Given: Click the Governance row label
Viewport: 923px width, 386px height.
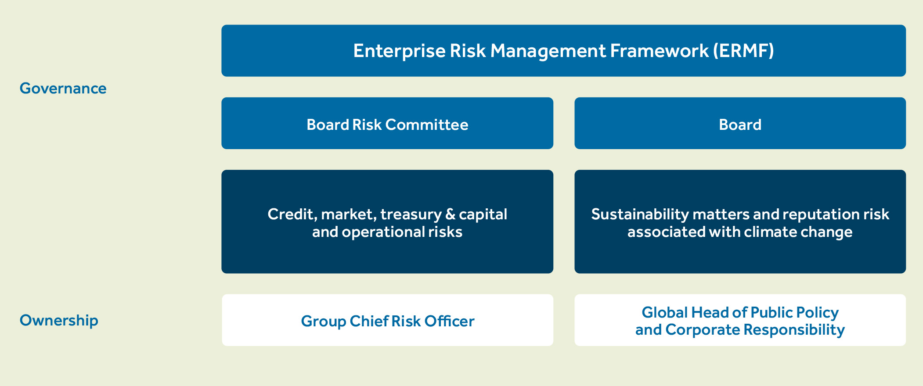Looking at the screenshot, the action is (63, 88).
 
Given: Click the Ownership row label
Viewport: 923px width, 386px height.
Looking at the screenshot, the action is (59, 321).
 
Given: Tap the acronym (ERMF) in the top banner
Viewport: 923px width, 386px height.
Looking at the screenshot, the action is (743, 51).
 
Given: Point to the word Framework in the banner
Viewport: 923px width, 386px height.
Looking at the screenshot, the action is (659, 51).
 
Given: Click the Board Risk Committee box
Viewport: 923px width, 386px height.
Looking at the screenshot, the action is (387, 123).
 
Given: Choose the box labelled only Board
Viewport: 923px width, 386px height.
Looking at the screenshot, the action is (740, 123).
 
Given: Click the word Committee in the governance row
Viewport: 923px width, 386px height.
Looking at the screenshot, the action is (427, 125).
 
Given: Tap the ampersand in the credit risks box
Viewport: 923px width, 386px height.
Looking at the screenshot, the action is (450, 214).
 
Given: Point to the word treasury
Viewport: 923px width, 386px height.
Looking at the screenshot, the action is (411, 214).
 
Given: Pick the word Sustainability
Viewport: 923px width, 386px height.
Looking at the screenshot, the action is (640, 214).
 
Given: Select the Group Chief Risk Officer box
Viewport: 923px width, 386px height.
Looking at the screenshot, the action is (387, 320).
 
